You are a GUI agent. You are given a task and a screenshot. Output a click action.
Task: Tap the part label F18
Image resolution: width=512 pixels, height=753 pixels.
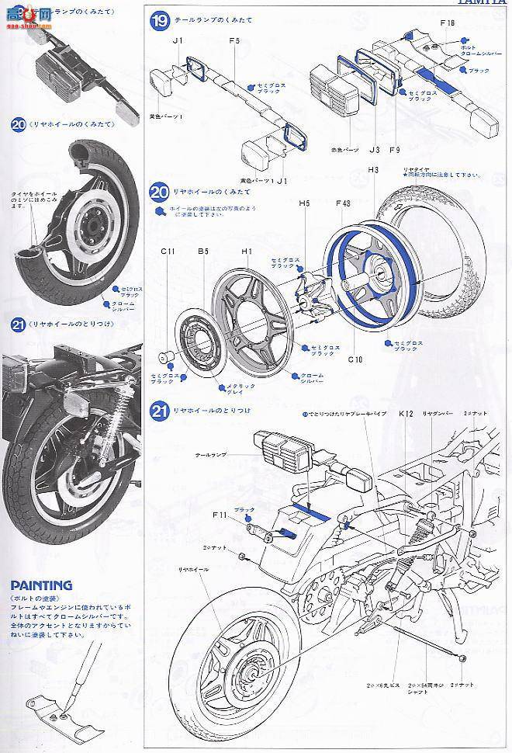(x=447, y=24)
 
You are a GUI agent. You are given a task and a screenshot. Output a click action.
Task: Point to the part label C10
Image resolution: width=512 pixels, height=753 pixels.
(x=355, y=359)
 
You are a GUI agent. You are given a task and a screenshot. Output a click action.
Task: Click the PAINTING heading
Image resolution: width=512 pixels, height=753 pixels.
(x=41, y=585)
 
